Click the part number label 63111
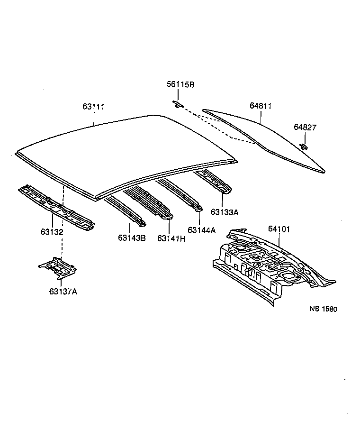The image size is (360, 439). coord(93,107)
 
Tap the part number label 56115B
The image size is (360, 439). coord(180,84)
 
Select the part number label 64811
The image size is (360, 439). coord(261,106)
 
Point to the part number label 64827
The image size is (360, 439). coord(305,127)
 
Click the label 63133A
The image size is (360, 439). coord(225,211)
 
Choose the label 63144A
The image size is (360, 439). coord(201,230)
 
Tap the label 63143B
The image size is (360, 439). coord(132,238)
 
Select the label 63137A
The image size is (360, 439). coord(63,291)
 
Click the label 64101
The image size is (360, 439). coord(279,229)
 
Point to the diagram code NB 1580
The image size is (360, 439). coord(323,309)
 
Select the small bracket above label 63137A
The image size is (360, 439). coord(58,268)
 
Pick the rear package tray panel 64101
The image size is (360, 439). coord(265,265)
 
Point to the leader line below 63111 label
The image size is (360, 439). coord(94,118)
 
